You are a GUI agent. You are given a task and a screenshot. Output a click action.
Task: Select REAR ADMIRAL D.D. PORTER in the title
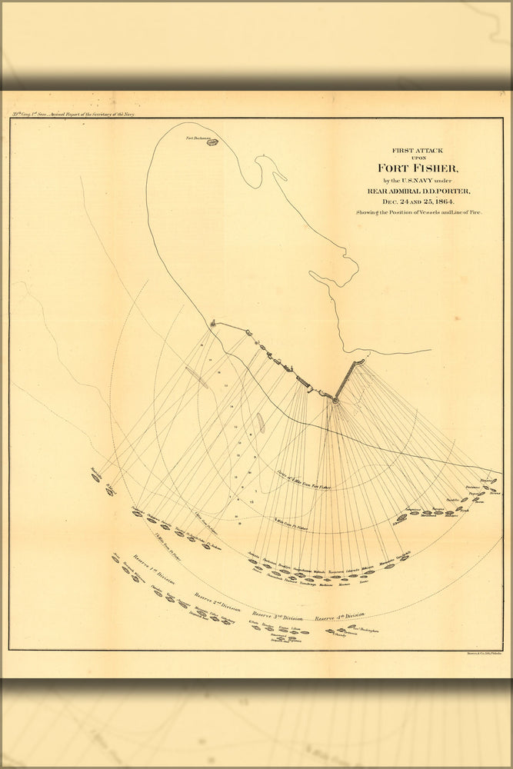tap(416, 191)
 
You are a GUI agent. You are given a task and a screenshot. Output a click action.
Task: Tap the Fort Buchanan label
tap(198, 138)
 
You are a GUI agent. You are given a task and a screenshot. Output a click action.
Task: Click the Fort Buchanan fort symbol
tap(208, 142)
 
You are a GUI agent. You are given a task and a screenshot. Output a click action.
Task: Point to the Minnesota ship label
tap(252, 556)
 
